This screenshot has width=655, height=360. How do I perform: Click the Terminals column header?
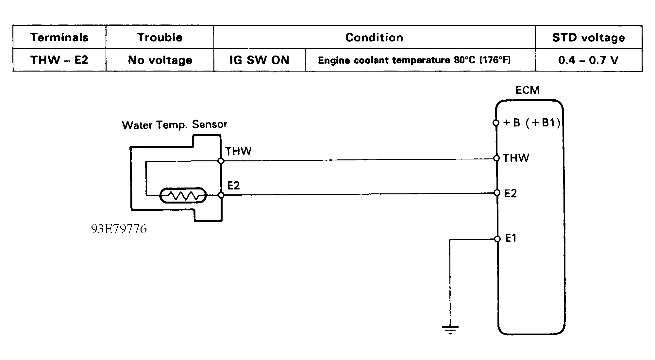point(59,37)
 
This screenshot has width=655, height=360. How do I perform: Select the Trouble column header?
point(160,37)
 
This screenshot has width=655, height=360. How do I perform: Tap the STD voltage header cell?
point(588,38)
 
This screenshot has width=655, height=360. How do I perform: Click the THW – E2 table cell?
point(59,60)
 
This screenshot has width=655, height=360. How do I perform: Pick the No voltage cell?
point(160,60)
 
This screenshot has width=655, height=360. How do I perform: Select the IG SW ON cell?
point(259,60)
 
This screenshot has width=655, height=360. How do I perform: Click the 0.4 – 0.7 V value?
point(588,60)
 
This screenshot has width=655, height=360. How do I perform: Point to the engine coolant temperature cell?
point(414,60)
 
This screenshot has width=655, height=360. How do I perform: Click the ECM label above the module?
point(527,90)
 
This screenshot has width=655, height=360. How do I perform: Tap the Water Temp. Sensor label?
point(174,125)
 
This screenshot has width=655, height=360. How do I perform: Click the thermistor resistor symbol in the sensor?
point(183,195)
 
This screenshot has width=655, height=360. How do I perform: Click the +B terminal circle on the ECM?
point(496,123)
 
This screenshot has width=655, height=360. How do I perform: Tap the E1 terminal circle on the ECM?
point(497,239)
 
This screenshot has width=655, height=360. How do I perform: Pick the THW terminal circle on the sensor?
point(221,161)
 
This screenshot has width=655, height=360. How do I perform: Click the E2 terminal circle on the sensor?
point(221,195)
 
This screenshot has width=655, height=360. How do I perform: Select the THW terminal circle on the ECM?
point(496,158)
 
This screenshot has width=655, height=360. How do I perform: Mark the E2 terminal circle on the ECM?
point(497,193)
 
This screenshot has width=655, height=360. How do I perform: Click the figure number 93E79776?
point(119,229)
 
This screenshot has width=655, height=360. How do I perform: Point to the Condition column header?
point(374,38)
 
